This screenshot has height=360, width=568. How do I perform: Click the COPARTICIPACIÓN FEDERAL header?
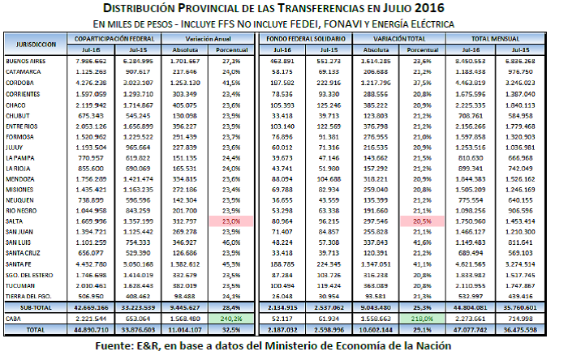113,39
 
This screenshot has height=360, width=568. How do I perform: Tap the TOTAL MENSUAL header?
506,39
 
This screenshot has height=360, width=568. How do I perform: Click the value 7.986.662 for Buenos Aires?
91,61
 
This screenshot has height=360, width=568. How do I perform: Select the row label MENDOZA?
22,178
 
